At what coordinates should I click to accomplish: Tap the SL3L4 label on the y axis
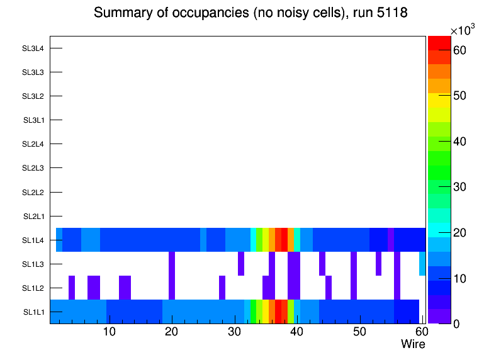(x=33, y=48)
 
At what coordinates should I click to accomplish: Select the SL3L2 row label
(x=33, y=96)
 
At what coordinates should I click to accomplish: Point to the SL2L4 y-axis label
(x=33, y=144)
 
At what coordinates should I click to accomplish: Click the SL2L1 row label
(x=33, y=217)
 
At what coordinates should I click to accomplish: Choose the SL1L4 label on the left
(x=33, y=240)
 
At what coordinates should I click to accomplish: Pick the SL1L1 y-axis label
(x=33, y=312)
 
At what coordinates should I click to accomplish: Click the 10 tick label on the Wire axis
(x=109, y=332)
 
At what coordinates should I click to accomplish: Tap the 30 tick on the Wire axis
(x=234, y=332)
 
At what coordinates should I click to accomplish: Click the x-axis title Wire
(x=413, y=344)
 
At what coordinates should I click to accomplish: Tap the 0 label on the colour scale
(x=456, y=324)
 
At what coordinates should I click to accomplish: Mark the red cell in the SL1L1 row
(x=278, y=312)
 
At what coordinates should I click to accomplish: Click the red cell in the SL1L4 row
(x=284, y=240)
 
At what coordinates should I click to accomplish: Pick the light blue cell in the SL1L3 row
(x=422, y=264)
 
